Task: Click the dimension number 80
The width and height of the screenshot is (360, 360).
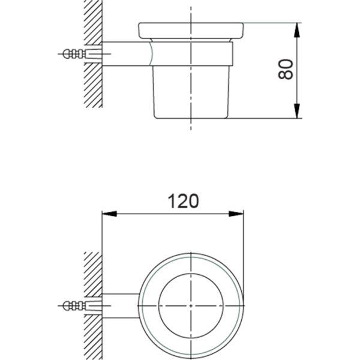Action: (286, 70)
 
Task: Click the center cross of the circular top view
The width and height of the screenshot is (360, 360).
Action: (191, 305)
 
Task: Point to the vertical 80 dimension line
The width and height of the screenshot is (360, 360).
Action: (297, 90)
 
